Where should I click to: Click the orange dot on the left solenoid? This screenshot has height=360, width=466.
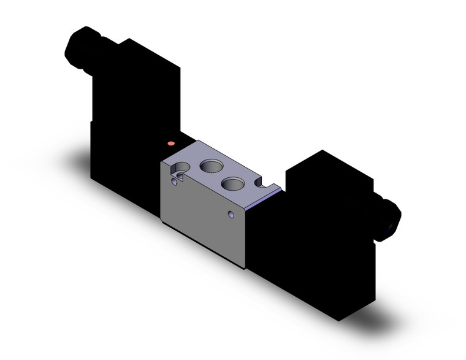(x=171, y=144)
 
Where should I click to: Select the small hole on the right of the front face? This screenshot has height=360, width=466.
(x=231, y=215)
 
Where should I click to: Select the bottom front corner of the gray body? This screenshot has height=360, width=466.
(x=245, y=267)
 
